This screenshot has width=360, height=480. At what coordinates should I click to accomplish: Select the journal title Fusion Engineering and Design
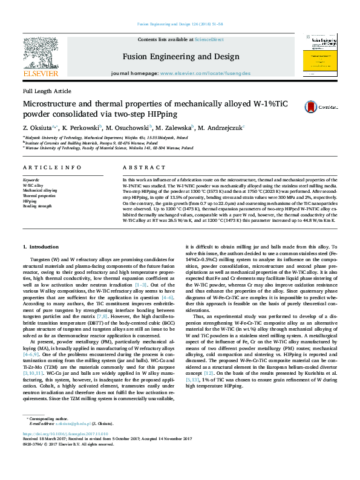(x=180, y=57)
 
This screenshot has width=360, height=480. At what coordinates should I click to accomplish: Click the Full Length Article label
(x=47, y=91)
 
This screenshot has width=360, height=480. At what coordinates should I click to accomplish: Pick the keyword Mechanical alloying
(x=40, y=190)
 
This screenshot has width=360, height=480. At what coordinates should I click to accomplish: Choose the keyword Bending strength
(x=38, y=206)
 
